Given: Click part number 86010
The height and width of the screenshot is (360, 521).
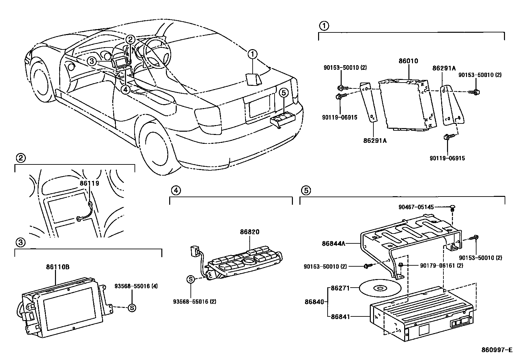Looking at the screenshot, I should coord(408,61).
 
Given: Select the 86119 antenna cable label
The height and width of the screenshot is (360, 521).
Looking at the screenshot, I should coord(89,184).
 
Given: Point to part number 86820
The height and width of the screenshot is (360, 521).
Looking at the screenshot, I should coord(249,232).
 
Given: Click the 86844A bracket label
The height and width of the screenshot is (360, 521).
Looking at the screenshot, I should coord(333,243).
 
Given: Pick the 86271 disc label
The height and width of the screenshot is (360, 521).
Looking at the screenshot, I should coord(340,288).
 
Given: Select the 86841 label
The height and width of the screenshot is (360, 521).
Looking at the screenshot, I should coord(340,316).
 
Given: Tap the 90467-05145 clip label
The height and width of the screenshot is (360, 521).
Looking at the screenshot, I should coord(416,207).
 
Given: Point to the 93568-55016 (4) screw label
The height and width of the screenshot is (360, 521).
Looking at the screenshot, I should coord(136,286).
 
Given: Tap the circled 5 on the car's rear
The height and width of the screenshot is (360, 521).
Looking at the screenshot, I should coord(284,93).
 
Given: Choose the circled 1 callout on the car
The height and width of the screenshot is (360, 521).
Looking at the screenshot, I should coord(252,54).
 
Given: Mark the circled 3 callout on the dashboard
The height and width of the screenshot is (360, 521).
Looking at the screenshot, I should coord(92,61).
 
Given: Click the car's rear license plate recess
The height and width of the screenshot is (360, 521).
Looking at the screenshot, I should coord(260,106).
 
